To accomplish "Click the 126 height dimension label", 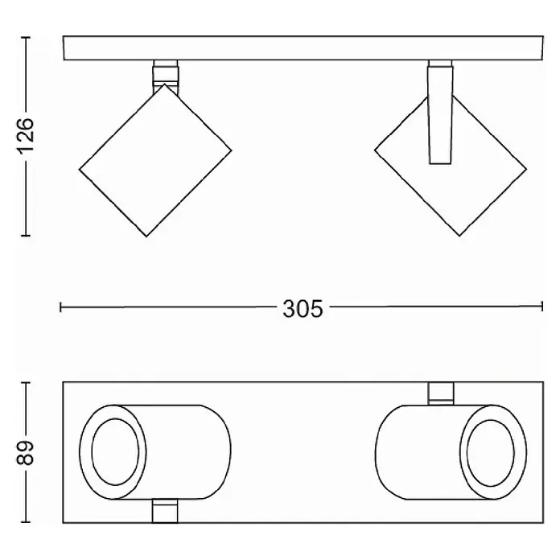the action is tap(26, 136).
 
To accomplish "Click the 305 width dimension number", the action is tap(303, 309).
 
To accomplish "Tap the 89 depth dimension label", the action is tap(26, 452).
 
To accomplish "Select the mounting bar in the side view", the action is tap(303, 47).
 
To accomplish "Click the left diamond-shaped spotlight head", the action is tap(155, 160).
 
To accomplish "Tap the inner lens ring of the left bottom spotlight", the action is tap(115, 452).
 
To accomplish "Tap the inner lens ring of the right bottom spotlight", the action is tap(491, 453).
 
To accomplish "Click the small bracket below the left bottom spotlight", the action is tap(165, 511).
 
